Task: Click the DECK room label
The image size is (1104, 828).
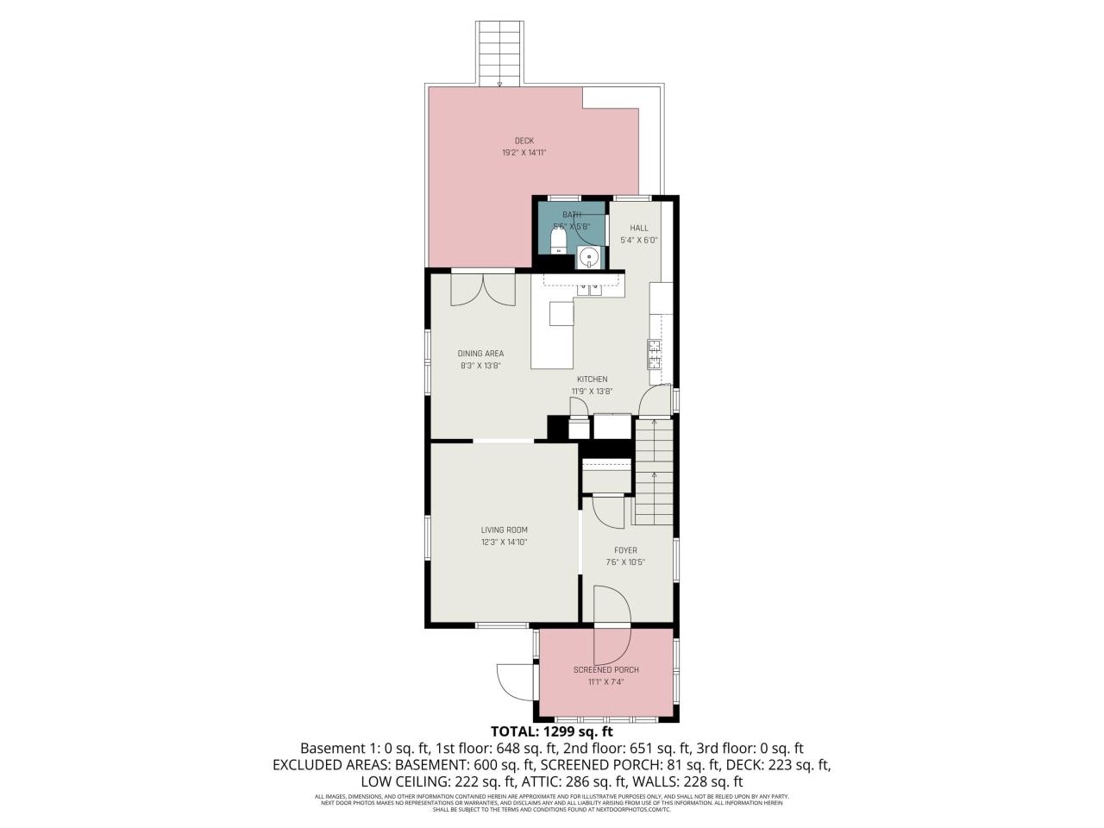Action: pyautogui.click(x=524, y=141)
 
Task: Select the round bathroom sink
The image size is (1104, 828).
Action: pyautogui.click(x=589, y=256)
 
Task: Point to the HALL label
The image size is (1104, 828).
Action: pyautogui.click(x=639, y=228)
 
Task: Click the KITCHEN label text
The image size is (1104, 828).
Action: pyautogui.click(x=592, y=379)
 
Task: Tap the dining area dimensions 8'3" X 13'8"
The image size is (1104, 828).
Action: pyautogui.click(x=480, y=366)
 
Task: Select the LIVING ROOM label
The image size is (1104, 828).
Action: pyautogui.click(x=504, y=530)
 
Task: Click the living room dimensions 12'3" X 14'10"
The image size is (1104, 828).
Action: pyautogui.click(x=504, y=543)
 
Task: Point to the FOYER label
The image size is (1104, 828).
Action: pyautogui.click(x=625, y=550)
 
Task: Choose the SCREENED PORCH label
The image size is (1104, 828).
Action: pyautogui.click(x=605, y=670)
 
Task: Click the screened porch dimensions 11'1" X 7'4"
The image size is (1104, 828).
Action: pyautogui.click(x=605, y=682)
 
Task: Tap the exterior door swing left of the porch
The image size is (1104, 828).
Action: pyautogui.click(x=512, y=681)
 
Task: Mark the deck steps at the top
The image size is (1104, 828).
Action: pyautogui.click(x=500, y=52)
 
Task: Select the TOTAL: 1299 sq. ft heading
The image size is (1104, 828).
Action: pyautogui.click(x=551, y=732)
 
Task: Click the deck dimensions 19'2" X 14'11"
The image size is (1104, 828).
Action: pyautogui.click(x=524, y=153)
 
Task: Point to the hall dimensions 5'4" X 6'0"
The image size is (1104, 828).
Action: pyautogui.click(x=639, y=241)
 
